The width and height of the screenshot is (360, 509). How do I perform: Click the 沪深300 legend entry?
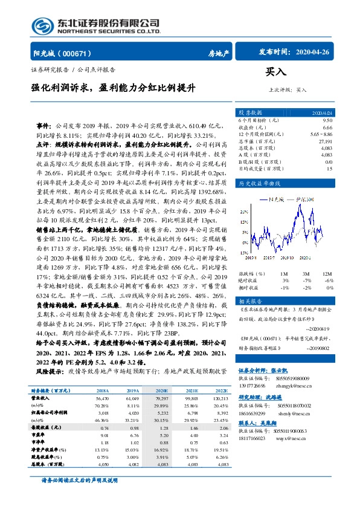(308, 198)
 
